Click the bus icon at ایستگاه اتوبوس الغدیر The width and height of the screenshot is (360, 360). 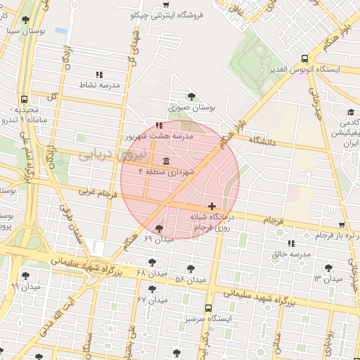[x=304, y=59]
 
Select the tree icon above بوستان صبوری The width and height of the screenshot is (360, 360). [x=191, y=96]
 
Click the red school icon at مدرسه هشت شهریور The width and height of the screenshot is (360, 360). [x=157, y=126]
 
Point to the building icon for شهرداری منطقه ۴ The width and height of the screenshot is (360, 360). [x=165, y=161]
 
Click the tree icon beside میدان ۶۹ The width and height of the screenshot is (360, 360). [x=159, y=229]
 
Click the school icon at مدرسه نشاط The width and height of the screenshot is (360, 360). [x=99, y=74]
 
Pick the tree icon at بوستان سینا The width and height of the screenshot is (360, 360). [x=26, y=20]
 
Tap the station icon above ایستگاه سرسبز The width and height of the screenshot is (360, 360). [x=208, y=307]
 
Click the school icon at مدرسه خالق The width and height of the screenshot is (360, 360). [x=291, y=243]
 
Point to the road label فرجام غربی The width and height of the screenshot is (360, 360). [x=95, y=191]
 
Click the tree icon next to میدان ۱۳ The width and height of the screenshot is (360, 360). [x=328, y=267]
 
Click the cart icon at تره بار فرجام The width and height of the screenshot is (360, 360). [x=342, y=226]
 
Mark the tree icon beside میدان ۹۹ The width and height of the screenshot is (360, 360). [x=26, y=276]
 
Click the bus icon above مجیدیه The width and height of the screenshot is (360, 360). [x=25, y=100]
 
